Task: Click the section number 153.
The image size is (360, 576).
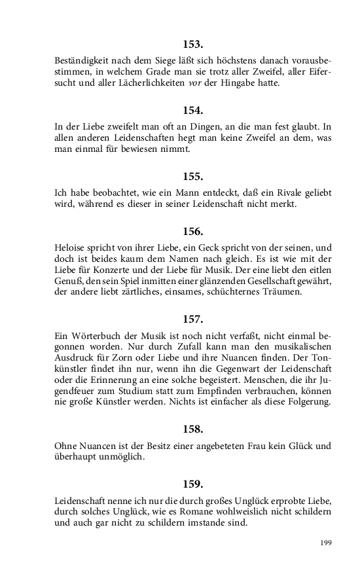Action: point(193,45)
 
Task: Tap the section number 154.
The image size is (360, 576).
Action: point(193,110)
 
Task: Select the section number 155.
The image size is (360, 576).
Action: point(193,176)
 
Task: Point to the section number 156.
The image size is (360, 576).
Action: point(193,231)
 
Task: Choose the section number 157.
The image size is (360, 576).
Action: point(193,319)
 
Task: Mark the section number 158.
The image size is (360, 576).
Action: point(193,429)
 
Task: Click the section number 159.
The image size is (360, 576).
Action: point(193,484)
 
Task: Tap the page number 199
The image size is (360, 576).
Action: point(325,543)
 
